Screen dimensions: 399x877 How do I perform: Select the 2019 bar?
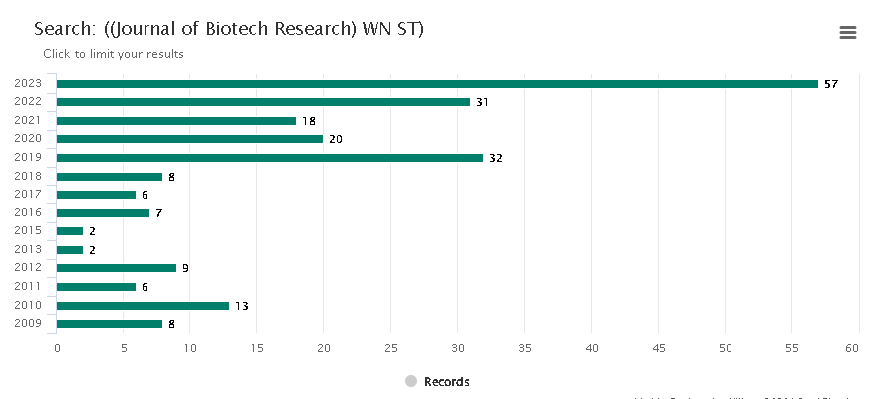coord(269,158)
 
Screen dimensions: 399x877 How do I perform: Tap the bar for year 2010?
coord(143,306)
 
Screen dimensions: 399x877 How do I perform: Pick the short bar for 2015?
coord(70,231)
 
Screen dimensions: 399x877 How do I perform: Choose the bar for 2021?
coord(176,121)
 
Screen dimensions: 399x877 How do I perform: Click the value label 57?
coord(831,84)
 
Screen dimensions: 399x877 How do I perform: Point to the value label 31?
coord(482,102)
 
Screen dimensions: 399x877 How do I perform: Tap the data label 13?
coord(241,306)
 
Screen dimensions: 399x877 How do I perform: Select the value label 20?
coord(335,139)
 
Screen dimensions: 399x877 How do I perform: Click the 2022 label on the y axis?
coord(28,102)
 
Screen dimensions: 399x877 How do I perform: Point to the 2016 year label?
coord(28,212)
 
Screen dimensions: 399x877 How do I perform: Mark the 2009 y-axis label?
coord(28,323)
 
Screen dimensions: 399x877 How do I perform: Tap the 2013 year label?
coord(28,249)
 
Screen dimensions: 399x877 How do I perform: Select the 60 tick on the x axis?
coord(852,348)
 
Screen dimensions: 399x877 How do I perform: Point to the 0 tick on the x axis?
coord(57,348)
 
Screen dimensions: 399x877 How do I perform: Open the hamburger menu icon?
coord(848,33)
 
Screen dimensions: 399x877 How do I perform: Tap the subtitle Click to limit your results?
coord(114,54)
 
